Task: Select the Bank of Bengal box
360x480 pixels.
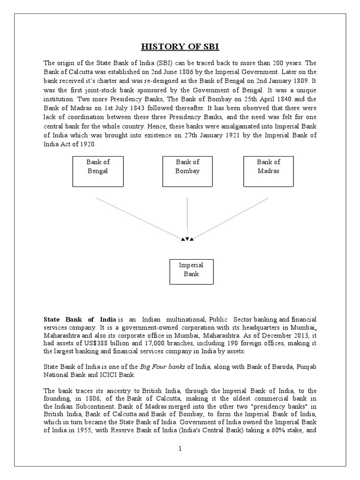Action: point(97,171)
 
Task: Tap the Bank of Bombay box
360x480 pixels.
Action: point(187,171)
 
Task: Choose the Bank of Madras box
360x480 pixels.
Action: point(269,171)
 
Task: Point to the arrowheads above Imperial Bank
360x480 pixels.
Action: point(187,239)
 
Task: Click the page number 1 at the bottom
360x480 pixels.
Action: point(180,448)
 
